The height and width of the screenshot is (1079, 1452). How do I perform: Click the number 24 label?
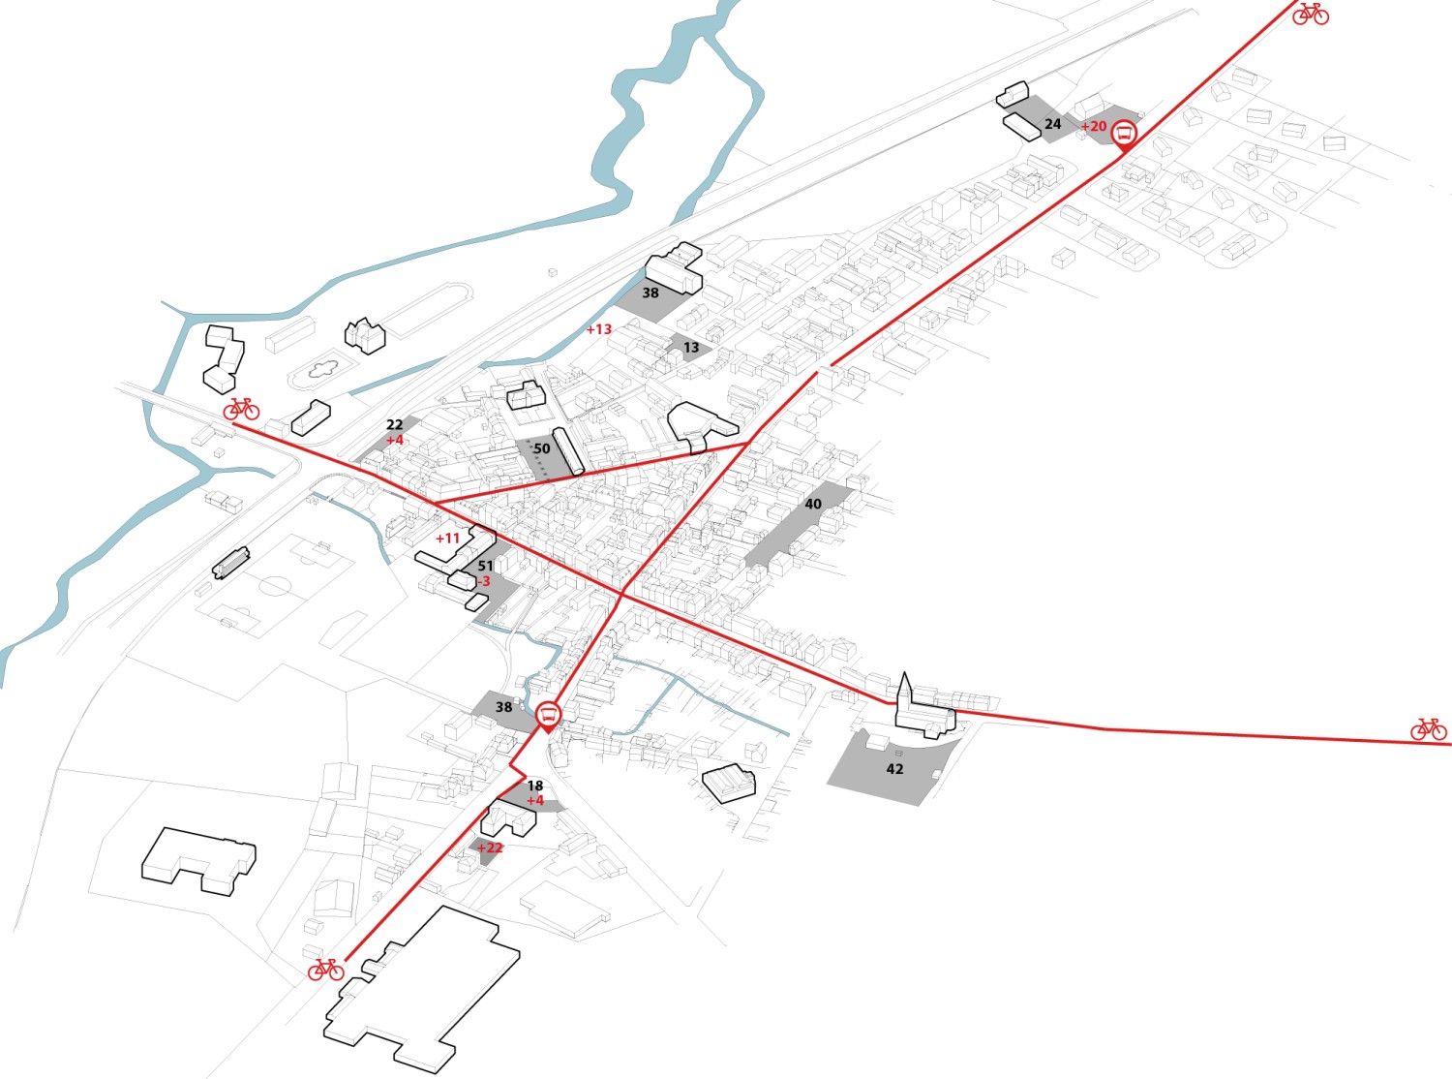click(1052, 124)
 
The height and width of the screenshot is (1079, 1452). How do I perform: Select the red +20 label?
click(1094, 127)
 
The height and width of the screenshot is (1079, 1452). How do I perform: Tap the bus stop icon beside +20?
click(1124, 133)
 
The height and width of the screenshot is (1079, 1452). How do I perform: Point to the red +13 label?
click(599, 329)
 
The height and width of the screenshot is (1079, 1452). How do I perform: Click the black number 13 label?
click(690, 348)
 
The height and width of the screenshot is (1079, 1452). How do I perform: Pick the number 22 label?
click(394, 425)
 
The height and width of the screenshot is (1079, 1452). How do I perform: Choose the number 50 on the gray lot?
click(542, 449)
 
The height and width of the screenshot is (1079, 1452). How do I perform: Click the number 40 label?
click(813, 505)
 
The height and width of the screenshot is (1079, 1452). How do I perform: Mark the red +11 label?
click(448, 539)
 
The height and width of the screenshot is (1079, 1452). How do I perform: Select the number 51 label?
click(486, 567)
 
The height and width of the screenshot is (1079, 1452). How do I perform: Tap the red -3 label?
click(483, 582)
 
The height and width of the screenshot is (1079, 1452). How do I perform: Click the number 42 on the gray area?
click(894, 769)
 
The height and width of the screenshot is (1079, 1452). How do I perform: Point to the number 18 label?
click(534, 786)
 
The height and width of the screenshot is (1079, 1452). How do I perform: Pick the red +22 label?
click(490, 848)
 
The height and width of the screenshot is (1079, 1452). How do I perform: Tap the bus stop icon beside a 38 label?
click(548, 716)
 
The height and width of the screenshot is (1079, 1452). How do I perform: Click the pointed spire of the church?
click(904, 676)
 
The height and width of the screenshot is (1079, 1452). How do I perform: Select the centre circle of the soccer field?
click(276, 587)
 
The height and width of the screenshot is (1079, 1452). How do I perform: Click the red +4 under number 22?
click(394, 441)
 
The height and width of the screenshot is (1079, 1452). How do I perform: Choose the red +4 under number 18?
click(534, 801)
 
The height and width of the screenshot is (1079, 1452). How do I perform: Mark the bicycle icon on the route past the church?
click(1428, 728)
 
